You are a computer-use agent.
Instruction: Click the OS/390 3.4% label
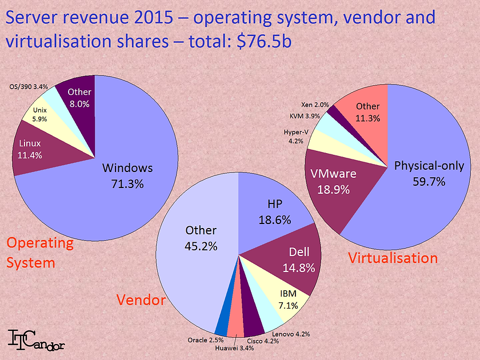pyautogui.click(x=29, y=86)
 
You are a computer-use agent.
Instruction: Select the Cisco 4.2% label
pyautogui.click(x=263, y=341)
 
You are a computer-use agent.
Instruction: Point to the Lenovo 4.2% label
pyautogui.click(x=291, y=334)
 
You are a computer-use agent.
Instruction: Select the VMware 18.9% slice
pyautogui.click(x=333, y=181)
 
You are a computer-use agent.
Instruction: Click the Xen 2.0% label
pyautogui.click(x=315, y=105)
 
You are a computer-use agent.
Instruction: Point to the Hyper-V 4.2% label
pyautogui.click(x=297, y=137)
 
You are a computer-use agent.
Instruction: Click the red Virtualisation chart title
pyautogui.click(x=393, y=258)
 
